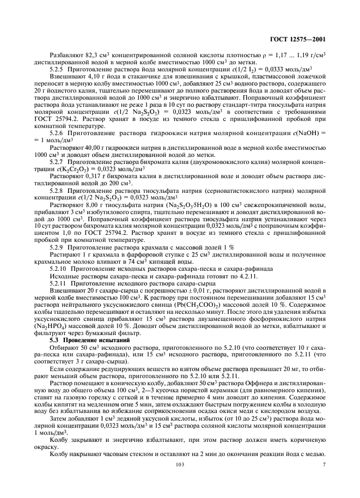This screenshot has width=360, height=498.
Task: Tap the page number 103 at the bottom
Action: pyautogui.click(x=180, y=479)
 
